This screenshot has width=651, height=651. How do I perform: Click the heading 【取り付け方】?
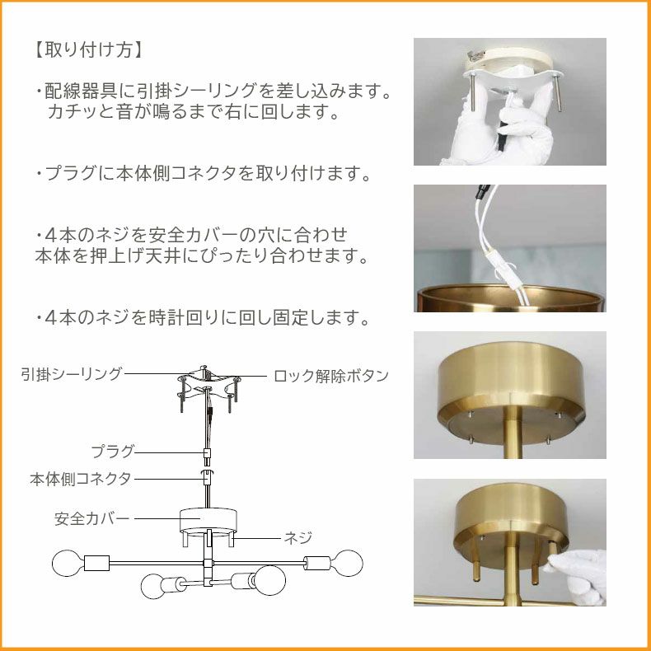(88, 49)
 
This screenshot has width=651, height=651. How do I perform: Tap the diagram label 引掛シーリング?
(72, 373)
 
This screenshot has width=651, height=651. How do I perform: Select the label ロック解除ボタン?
(331, 376)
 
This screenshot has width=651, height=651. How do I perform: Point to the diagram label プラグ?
(113, 452)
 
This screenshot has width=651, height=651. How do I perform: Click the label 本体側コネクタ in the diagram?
(81, 479)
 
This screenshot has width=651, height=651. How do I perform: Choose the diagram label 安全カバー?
(91, 518)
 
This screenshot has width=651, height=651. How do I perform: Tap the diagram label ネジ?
(297, 537)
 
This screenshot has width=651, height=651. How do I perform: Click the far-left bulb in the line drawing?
(68, 564)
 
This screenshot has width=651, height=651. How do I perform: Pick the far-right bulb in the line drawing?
(348, 563)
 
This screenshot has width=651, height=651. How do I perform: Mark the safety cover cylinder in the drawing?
(208, 521)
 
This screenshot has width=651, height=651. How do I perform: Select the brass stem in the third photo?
(513, 432)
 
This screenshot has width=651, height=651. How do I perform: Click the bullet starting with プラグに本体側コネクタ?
(203, 173)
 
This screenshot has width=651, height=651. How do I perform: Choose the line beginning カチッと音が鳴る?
(193, 111)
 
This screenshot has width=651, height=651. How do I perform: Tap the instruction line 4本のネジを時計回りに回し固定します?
(202, 317)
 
